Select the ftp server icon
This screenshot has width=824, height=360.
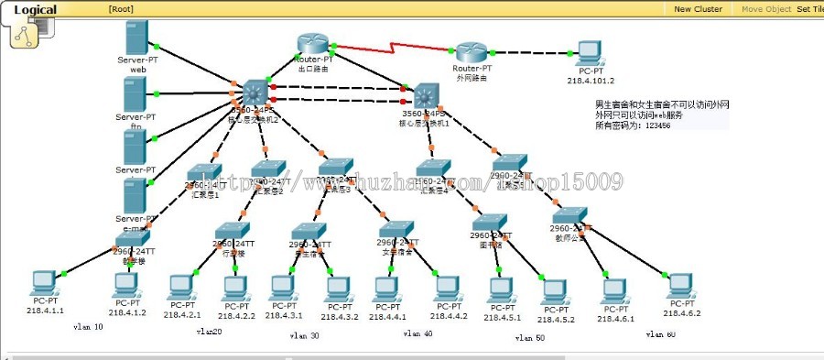pos(137,93)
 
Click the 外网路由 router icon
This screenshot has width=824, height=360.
pos(472,53)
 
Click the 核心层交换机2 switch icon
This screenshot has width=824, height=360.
pos(253,92)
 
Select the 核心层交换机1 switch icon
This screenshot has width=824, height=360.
pos(425,95)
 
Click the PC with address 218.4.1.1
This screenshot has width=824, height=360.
pos(43,281)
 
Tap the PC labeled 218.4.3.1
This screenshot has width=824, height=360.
pos(284,288)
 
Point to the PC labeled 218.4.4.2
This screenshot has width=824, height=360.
pos(446,288)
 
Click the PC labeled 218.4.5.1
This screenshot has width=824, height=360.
pos(502,289)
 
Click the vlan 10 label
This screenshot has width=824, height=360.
pos(89,327)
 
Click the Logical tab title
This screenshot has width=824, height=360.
pos(35,10)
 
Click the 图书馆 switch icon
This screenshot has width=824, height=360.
pos(490,223)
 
